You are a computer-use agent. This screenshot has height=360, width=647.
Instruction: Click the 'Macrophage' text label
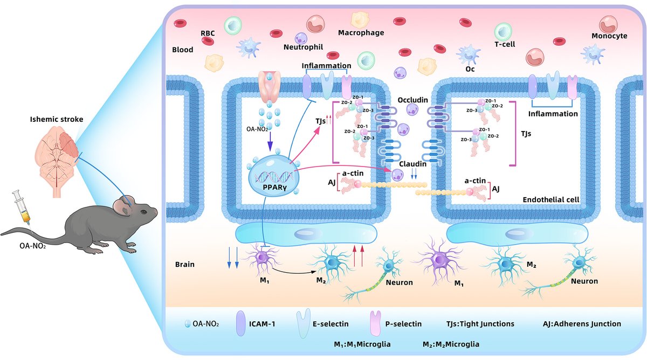pos(361,33)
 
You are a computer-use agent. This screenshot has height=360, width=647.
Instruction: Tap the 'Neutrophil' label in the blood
pos(302,47)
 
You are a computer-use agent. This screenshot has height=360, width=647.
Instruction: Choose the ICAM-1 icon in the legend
pos(240,324)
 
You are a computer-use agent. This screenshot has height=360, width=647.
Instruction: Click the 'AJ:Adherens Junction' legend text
pos(582,324)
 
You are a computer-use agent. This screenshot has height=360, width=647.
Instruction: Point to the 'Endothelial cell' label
pos(550,199)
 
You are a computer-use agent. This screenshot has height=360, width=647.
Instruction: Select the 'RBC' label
pos(207,33)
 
